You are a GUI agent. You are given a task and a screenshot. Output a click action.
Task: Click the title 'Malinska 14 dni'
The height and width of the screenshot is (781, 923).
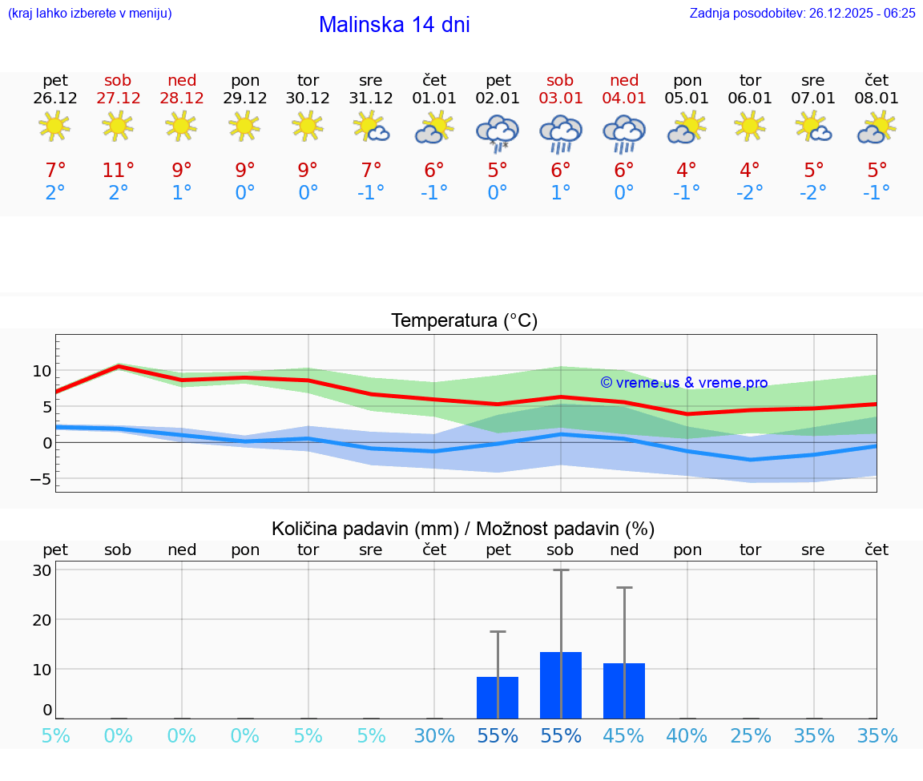click(x=394, y=25)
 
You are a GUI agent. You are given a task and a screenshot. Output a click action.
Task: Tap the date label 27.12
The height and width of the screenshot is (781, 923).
click(x=118, y=98)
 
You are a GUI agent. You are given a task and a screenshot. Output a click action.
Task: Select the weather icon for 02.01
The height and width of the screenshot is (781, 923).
click(x=498, y=133)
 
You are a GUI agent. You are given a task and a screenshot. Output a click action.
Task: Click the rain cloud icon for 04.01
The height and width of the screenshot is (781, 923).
click(x=624, y=133)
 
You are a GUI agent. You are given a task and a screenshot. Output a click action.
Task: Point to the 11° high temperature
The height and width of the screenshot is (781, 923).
click(x=118, y=170)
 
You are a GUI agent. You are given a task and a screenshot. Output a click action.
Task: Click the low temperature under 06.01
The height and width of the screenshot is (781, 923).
click(x=750, y=192)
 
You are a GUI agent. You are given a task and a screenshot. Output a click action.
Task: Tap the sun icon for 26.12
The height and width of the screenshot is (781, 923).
click(x=54, y=126)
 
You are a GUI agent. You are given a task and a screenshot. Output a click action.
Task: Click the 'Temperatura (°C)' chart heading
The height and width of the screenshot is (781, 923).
click(x=464, y=320)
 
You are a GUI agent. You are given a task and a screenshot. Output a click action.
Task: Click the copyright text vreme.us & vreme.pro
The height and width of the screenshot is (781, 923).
click(x=683, y=383)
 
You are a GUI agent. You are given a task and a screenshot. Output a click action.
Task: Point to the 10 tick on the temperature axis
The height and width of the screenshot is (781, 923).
click(x=42, y=371)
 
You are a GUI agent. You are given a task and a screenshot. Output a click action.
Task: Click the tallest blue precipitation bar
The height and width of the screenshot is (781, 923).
click(x=561, y=685)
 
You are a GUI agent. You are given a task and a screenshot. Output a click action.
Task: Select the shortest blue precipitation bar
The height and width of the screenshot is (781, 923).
click(x=498, y=697)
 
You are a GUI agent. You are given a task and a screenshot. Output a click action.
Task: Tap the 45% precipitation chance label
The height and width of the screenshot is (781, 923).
click(x=624, y=735)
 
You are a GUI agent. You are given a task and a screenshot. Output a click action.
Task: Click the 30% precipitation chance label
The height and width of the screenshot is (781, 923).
click(x=434, y=735)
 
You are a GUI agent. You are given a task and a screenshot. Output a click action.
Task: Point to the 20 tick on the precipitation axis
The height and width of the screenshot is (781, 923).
click(x=42, y=619)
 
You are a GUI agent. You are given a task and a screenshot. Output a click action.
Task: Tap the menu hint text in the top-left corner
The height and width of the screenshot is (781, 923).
click(x=90, y=13)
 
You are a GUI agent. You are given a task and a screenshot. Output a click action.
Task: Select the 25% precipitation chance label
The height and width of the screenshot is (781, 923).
click(x=750, y=735)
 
